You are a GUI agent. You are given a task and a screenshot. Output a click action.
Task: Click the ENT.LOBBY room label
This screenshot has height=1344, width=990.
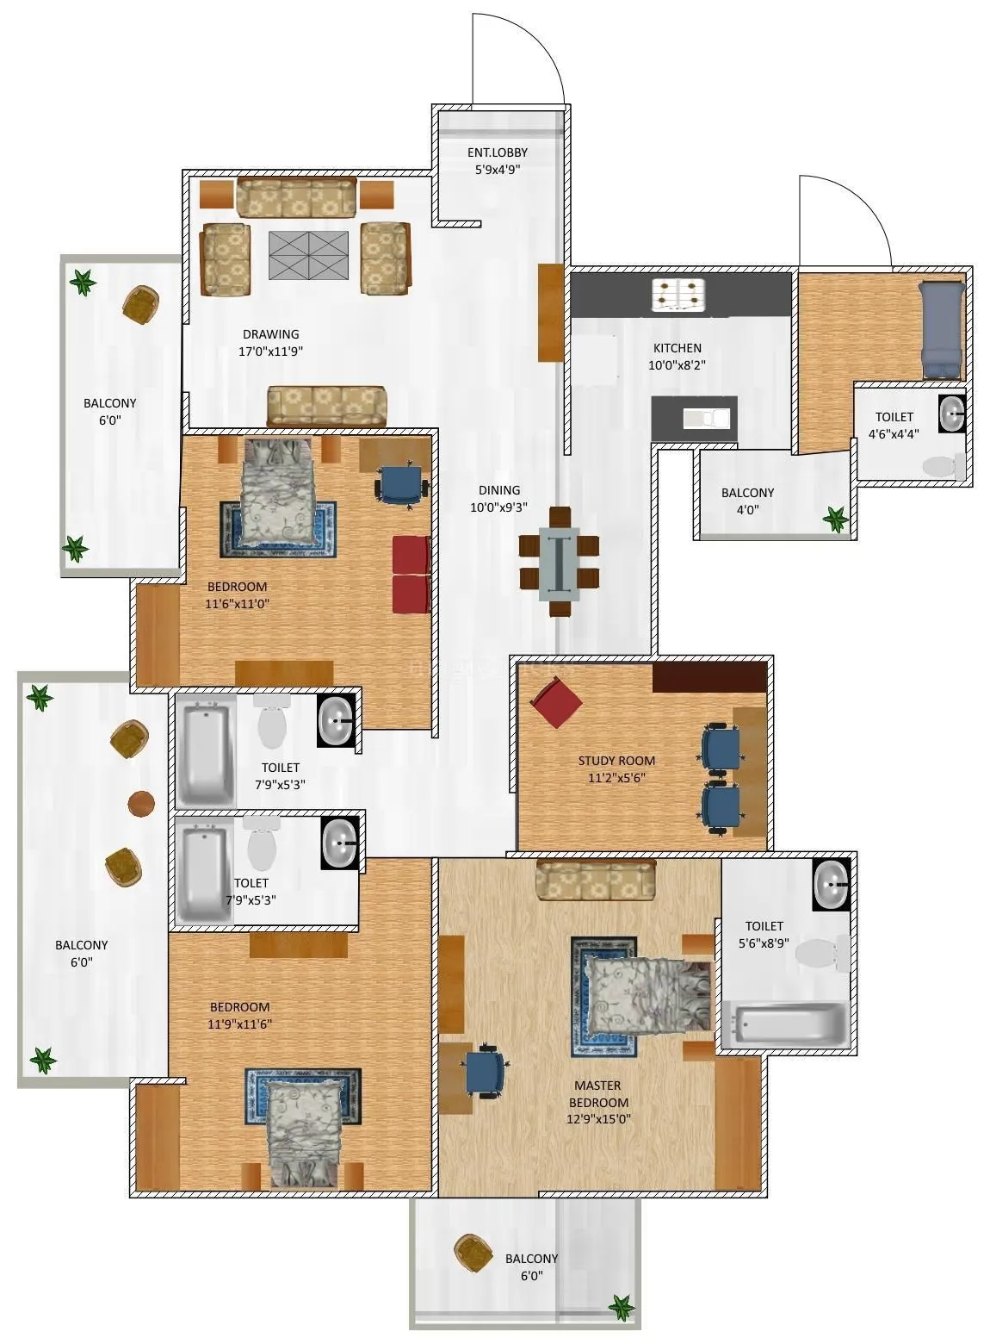coord(497,152)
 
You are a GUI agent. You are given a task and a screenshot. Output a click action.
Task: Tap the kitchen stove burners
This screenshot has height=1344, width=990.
coord(680,295)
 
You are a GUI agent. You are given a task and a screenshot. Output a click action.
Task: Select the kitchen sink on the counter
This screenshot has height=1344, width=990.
coord(706,419)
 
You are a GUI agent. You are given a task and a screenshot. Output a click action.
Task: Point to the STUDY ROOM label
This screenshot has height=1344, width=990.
coord(616,761)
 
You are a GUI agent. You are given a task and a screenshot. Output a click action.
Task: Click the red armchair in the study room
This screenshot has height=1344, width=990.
coord(557,702)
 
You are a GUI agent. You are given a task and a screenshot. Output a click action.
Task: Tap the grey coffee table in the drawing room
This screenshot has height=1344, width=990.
coord(308,255)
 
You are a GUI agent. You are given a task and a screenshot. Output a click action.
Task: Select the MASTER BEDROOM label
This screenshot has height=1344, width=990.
coord(598,1094)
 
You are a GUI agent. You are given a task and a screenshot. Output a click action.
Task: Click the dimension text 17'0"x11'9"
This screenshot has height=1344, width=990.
coord(270,352)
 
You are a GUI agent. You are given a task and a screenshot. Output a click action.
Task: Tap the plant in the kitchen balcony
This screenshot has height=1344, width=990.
coord(834,518)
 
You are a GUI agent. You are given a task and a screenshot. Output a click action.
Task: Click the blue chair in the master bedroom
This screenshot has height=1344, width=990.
coord(486,1071)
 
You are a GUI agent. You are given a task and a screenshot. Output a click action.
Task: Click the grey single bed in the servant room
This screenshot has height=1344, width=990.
coord(941,330)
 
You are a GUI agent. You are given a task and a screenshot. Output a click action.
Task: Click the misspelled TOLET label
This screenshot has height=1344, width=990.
coord(251,883)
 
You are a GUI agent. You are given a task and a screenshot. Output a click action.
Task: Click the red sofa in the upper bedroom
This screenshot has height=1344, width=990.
coord(411,574)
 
